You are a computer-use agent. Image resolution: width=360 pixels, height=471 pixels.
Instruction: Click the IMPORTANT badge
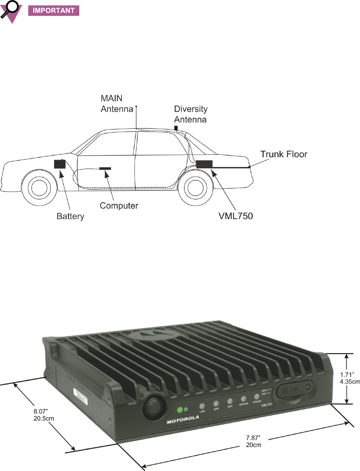[x=54, y=10]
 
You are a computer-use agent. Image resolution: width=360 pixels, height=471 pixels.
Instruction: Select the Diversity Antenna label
[x=190, y=114]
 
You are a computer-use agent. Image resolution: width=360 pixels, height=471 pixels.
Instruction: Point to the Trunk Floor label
[x=283, y=155]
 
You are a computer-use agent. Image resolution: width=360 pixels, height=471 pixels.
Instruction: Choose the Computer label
[x=119, y=205]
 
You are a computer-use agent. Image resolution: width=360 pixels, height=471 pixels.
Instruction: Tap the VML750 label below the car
[x=235, y=216]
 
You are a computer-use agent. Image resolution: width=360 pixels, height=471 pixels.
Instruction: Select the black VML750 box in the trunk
[x=204, y=164]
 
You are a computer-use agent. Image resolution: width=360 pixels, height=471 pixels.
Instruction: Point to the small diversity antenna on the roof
[x=176, y=128]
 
